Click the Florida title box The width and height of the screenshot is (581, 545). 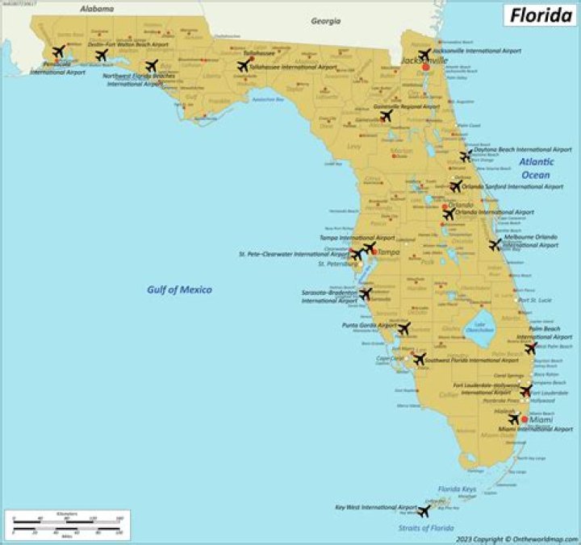540,15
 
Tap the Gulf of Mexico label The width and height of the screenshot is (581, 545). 179,289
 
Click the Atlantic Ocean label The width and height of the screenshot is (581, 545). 535,168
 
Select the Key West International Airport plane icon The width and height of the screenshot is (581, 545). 424,510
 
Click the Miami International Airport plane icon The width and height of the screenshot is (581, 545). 514,418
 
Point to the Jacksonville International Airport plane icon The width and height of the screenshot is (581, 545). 424,55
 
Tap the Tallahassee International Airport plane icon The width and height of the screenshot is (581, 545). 243,66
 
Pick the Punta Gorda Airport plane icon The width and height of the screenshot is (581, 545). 403,328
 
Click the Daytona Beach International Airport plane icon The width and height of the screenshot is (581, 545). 466,156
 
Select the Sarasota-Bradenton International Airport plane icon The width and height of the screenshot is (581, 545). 365,294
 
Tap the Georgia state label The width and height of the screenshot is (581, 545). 326,22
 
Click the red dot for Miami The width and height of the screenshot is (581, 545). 524,420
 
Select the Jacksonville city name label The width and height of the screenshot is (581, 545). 424,60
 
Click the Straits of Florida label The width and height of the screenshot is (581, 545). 425,528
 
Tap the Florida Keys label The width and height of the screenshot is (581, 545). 456,489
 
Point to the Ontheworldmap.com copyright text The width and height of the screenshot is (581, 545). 516,539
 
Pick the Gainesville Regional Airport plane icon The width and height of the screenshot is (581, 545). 386,115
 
